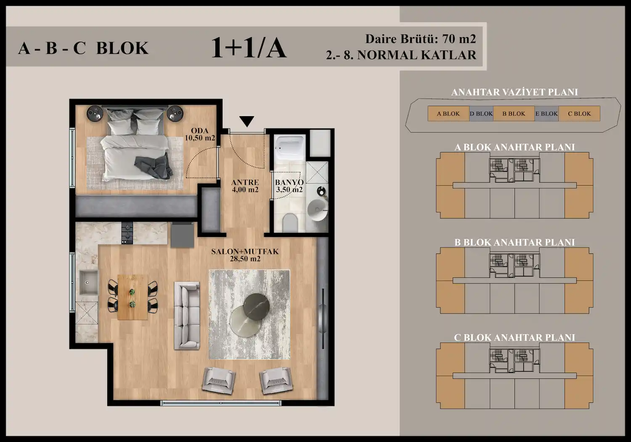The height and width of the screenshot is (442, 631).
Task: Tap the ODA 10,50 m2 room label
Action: pyautogui.click(x=200, y=134)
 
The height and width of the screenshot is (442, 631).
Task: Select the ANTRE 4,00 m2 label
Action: pyautogui.click(x=245, y=186)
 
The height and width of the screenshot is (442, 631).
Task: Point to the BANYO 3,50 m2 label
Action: pyautogui.click(x=289, y=186)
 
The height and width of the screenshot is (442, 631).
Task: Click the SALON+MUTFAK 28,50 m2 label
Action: pyautogui.click(x=245, y=255)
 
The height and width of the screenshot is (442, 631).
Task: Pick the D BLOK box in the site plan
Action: pyautogui.click(x=481, y=114)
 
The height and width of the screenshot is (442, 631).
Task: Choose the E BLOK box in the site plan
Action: pyautogui.click(x=546, y=114)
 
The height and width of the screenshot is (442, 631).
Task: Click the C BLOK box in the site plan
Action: pyautogui.click(x=579, y=114)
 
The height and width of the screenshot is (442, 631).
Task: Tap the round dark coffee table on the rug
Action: pyautogui.click(x=256, y=306)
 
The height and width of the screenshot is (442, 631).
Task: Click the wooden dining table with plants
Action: pyautogui.click(x=133, y=297)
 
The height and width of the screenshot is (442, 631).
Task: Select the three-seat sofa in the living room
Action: pyautogui.click(x=187, y=315)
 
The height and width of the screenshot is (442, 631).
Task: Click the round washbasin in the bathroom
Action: pyautogui.click(x=318, y=210)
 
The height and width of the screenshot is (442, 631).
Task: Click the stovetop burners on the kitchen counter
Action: pyautogui.click(x=127, y=233)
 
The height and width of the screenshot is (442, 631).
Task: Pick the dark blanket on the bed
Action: pyautogui.click(x=154, y=167)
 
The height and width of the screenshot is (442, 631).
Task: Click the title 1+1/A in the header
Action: pyautogui.click(x=249, y=48)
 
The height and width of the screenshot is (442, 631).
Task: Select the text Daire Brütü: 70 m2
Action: pyautogui.click(x=421, y=39)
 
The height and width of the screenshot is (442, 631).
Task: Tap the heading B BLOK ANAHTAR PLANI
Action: pyautogui.click(x=514, y=242)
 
